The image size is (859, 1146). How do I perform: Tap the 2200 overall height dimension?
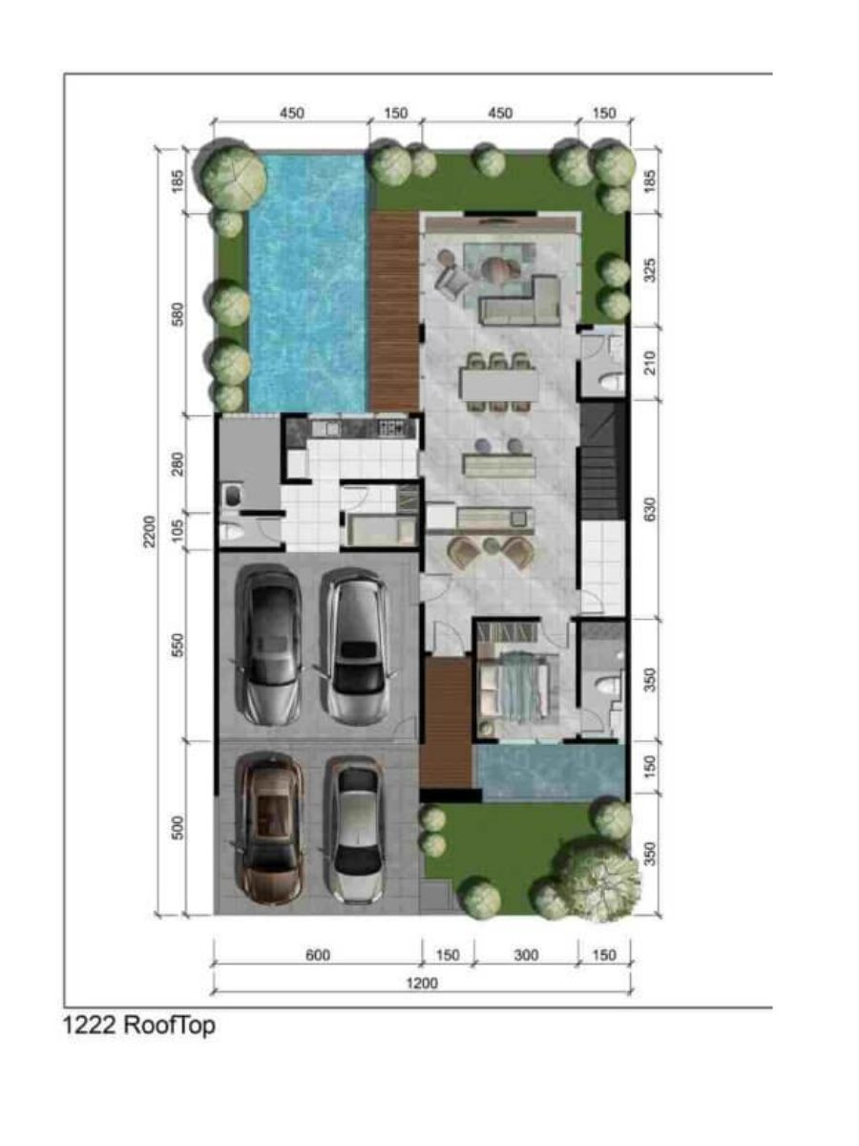pyautogui.click(x=150, y=531)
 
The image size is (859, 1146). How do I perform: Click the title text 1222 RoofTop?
pyautogui.click(x=138, y=1025)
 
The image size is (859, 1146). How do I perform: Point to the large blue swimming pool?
pyautogui.click(x=308, y=282)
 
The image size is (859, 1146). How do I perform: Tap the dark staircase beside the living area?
pyautogui.click(x=603, y=462)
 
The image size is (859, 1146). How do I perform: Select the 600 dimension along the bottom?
pyautogui.click(x=318, y=955)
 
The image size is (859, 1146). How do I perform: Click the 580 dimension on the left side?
pyautogui.click(x=178, y=314)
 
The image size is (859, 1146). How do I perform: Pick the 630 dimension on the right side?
pyautogui.click(x=650, y=509)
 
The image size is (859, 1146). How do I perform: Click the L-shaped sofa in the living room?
pyautogui.click(x=521, y=299)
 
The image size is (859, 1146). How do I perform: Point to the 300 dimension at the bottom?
pyautogui.click(x=526, y=955)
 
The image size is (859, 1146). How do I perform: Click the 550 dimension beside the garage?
pyautogui.click(x=178, y=646)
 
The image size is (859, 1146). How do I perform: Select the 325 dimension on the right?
pyautogui.click(x=650, y=270)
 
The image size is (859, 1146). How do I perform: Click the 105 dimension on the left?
pyautogui.click(x=178, y=530)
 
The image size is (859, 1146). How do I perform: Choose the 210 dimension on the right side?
pyautogui.click(x=650, y=364)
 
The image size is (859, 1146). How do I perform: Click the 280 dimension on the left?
pyautogui.click(x=178, y=463)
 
